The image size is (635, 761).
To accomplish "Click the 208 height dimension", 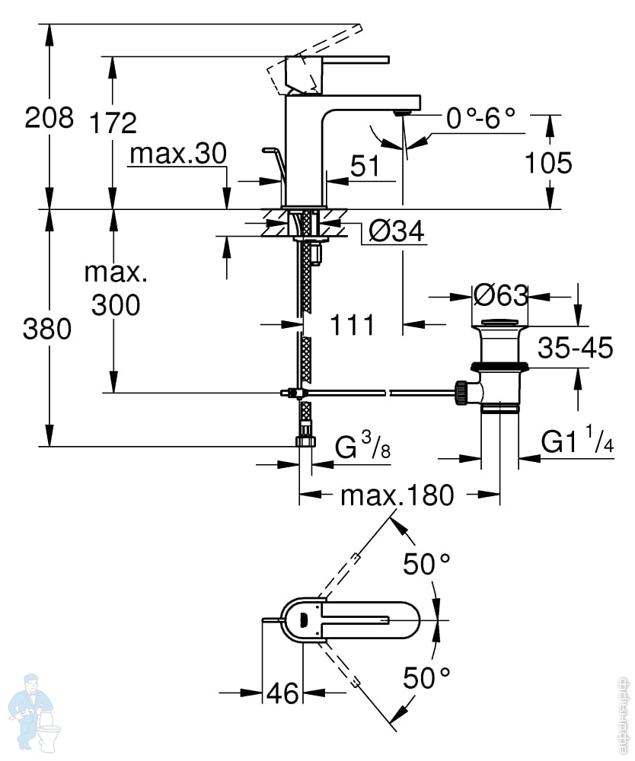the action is [x=49, y=117].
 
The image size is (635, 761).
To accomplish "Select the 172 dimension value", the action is [x=113, y=123].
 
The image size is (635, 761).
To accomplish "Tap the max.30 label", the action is [x=178, y=154].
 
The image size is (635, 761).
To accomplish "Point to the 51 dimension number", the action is [x=365, y=166].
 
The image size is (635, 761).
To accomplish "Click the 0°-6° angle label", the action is [x=480, y=118].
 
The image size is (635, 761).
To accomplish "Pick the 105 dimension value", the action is [x=549, y=163].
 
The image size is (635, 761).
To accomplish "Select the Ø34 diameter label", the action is [x=397, y=231].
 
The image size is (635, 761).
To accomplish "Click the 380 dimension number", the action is [x=47, y=329].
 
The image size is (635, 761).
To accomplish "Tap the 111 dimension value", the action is [x=353, y=325].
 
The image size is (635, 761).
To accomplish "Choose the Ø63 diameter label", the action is [x=500, y=295].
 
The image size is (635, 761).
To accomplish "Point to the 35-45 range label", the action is [x=576, y=347].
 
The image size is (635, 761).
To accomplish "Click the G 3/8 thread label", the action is [x=362, y=445].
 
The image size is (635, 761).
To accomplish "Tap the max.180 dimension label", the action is [x=397, y=495].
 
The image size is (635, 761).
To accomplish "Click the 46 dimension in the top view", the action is [x=282, y=693].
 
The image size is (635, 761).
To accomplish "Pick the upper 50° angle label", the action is [x=426, y=564].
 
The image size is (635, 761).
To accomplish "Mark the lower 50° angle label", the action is [x=426, y=678].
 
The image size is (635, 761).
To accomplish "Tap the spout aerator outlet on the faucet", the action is [x=403, y=113].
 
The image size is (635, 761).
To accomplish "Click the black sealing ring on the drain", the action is [x=498, y=367].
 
